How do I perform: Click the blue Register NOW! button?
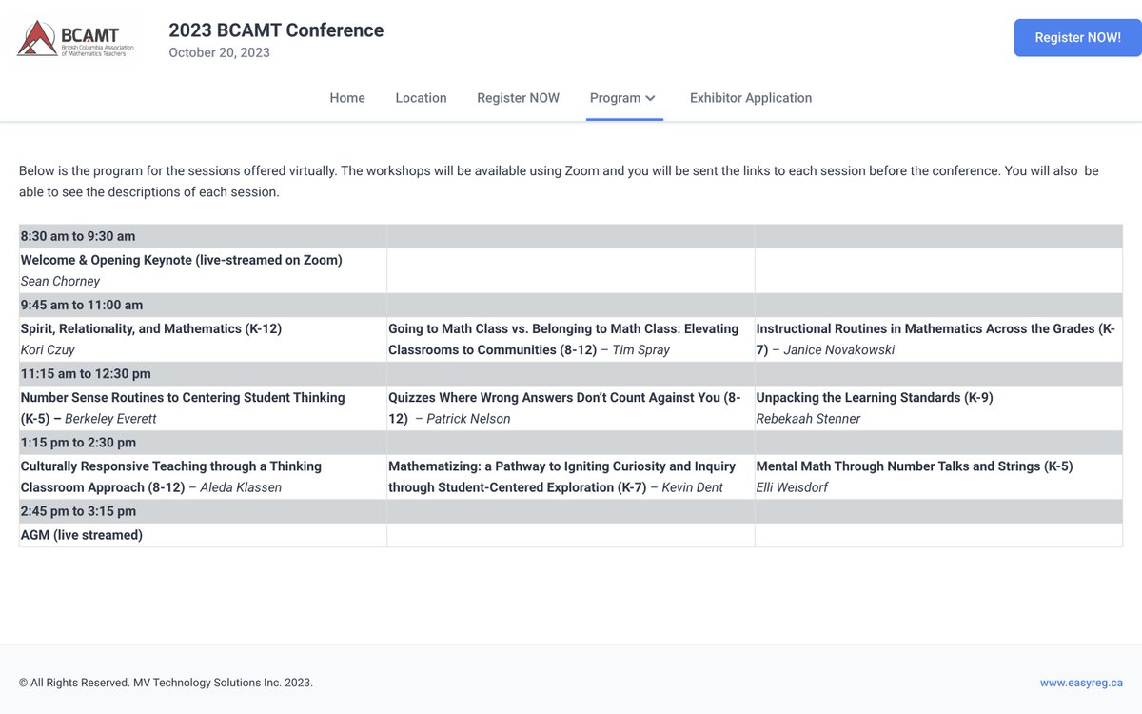1077,38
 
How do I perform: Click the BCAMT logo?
76,38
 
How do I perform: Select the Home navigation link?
347,98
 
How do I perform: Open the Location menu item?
421,98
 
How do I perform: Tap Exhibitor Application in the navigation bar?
751,98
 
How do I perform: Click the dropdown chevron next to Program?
651,98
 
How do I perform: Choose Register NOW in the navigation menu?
518,98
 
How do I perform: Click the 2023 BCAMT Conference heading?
276,30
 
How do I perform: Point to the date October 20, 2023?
219,53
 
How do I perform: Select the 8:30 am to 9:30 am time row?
78,236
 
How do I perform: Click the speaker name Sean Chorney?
60,281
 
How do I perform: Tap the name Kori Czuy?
48,349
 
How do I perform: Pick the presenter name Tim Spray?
641,349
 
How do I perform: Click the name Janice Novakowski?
838,349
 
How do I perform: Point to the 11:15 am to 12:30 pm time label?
86,373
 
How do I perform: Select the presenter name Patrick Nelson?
468,418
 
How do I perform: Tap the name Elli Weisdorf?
792,487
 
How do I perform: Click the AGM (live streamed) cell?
82,535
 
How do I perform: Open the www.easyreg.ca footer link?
1081,683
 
